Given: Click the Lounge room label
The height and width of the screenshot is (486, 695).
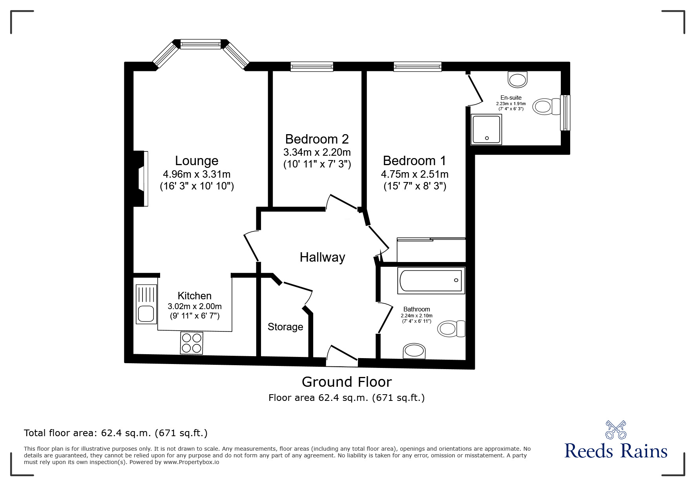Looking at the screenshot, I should (197, 161).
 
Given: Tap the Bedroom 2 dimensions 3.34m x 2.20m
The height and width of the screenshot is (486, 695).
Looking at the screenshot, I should (317, 152).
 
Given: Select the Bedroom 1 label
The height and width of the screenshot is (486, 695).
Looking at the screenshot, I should (414, 161).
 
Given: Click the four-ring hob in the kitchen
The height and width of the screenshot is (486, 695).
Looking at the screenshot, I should (192, 342).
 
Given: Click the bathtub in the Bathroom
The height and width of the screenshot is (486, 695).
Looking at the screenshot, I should (431, 280).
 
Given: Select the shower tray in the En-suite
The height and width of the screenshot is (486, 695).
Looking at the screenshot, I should (487, 129).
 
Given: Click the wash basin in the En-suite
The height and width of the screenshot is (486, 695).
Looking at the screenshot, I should (518, 80).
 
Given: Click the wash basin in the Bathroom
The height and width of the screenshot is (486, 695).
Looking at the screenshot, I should (414, 351).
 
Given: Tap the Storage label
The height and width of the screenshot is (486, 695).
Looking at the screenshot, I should (285, 327).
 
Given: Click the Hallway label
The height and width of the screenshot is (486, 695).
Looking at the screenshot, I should (322, 257).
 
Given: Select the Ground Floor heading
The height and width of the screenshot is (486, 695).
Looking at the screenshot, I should (347, 382).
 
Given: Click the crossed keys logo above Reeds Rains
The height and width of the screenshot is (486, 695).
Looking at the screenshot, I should (616, 429).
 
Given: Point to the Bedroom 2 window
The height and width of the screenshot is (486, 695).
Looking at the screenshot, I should (312, 67).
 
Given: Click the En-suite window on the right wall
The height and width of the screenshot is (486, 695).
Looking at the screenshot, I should (565, 113).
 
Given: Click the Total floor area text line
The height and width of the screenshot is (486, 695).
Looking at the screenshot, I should (116, 433).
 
